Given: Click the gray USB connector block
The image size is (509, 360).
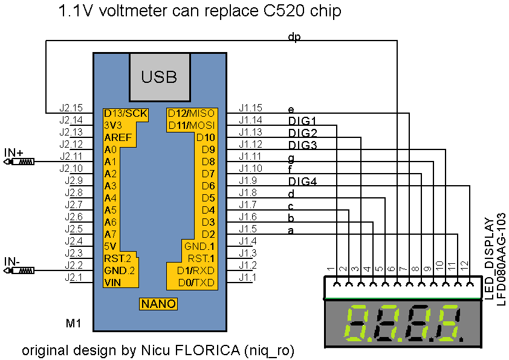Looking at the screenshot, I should (159, 77).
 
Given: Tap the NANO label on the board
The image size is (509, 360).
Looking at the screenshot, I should (159, 304).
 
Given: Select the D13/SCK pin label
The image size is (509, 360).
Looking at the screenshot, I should (125, 113).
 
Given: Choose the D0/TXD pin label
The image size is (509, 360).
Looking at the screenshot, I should (195, 282).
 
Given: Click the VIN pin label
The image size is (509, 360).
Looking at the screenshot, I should (112, 282).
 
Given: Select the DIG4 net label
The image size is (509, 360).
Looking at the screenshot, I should (302, 182).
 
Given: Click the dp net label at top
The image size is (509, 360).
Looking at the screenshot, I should (294, 38).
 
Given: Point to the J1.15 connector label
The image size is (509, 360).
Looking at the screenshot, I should (250, 107).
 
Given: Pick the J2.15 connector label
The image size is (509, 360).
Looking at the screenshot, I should (71, 107).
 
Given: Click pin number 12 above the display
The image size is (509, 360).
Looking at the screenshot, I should (463, 265).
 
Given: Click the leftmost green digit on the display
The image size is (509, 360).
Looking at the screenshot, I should (357, 324).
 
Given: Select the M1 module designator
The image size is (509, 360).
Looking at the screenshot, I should (73, 323).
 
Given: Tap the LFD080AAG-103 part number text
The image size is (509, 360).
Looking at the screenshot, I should (501, 260).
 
